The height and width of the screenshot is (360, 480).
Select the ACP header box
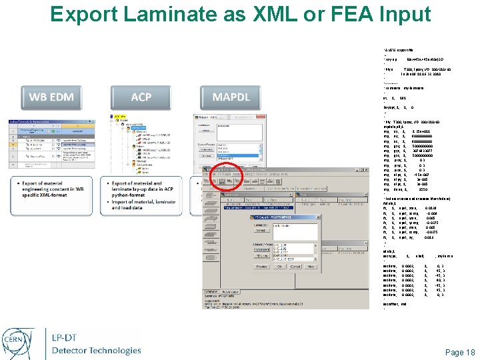[141, 97]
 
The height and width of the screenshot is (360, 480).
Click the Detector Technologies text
[96, 349]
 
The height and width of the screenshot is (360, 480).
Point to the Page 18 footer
[459, 352]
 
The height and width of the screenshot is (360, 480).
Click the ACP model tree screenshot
[141, 146]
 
